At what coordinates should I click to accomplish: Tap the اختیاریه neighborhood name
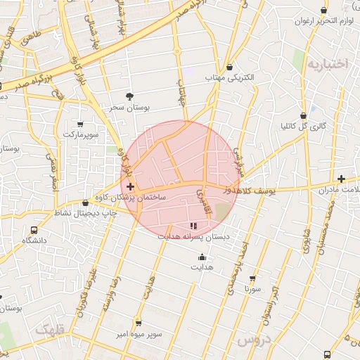tap(327, 64)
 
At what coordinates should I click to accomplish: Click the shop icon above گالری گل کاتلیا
tap(303, 115)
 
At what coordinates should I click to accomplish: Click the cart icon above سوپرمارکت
tap(80, 124)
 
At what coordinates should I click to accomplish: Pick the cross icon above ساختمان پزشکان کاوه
tap(131, 186)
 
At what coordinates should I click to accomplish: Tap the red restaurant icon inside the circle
tap(193, 226)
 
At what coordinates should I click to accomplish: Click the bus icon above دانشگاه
tap(34, 230)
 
